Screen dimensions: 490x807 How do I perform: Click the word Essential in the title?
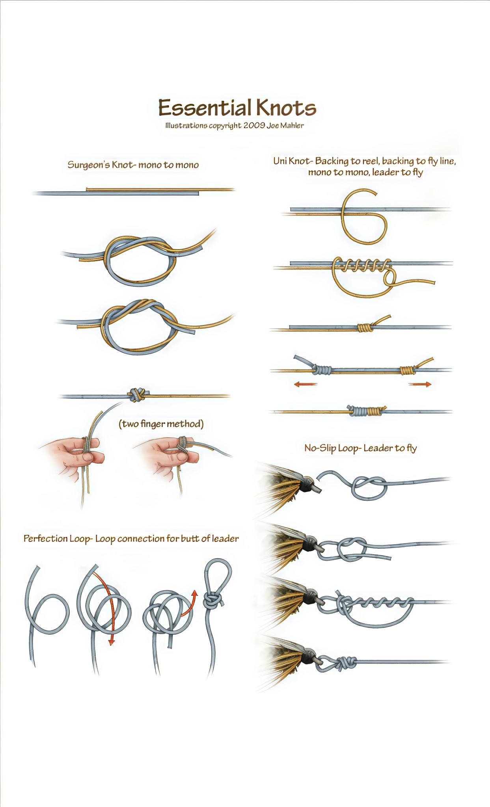(x=205, y=108)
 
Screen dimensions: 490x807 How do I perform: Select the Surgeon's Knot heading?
(x=133, y=165)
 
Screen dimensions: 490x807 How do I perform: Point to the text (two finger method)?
(x=161, y=424)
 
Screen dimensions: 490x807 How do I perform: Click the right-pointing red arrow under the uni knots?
(x=420, y=384)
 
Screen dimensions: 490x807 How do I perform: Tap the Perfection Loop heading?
(x=131, y=539)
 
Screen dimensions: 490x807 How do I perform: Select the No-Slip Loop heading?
(x=360, y=448)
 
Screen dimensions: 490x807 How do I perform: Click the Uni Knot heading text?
(x=365, y=167)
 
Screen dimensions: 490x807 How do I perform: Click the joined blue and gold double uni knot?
(x=366, y=411)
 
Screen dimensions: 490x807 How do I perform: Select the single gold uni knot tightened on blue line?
(x=365, y=327)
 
